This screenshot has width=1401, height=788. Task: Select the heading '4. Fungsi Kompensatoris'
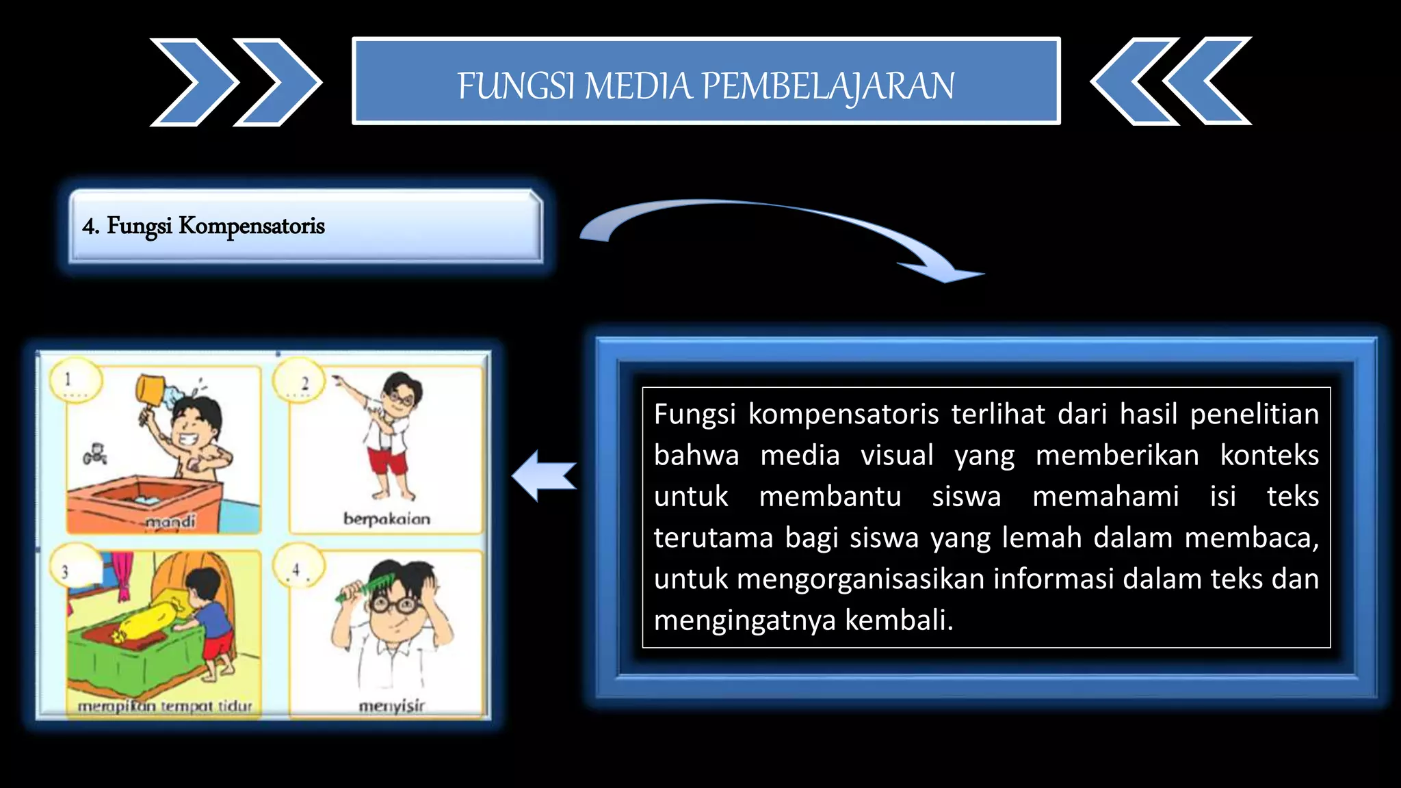pyautogui.click(x=203, y=226)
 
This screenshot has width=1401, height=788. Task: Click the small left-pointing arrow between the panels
pyautogui.click(x=543, y=476)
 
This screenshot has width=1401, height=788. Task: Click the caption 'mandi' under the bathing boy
pyautogui.click(x=171, y=522)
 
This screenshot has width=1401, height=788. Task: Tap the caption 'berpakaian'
pyautogui.click(x=387, y=519)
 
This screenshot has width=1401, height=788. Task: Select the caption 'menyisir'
pyautogui.click(x=392, y=705)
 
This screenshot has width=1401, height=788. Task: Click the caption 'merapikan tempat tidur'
pyautogui.click(x=165, y=706)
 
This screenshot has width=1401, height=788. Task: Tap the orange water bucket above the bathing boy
pyautogui.click(x=150, y=391)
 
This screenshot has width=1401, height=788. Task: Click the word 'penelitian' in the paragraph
pyautogui.click(x=1254, y=415)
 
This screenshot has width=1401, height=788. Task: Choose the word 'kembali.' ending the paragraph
pyautogui.click(x=899, y=620)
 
